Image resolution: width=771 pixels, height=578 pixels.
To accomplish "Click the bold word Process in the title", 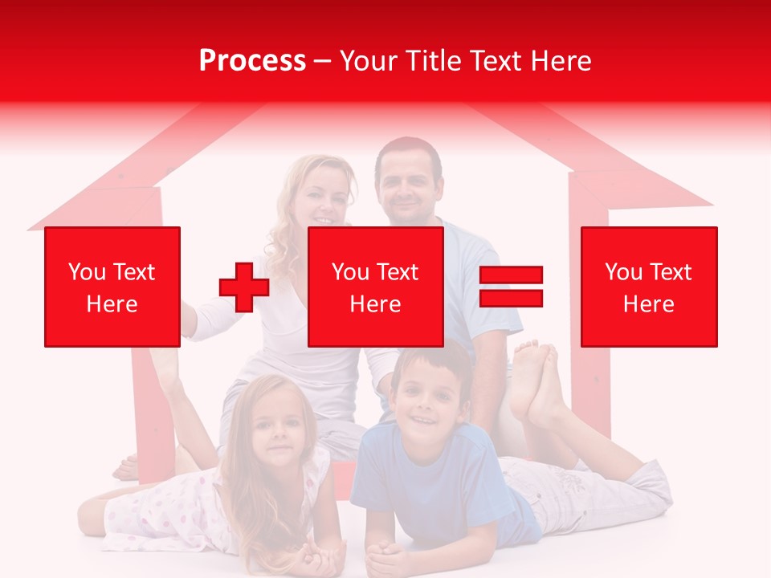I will pyautogui.click(x=252, y=61).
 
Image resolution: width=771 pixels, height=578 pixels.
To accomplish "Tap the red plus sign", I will pyautogui.click(x=244, y=287).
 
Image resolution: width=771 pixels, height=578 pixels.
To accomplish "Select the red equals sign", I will pyautogui.click(x=511, y=287).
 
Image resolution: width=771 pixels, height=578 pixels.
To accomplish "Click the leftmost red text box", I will pyautogui.click(x=112, y=287).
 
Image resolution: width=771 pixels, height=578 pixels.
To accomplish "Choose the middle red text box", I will pyautogui.click(x=376, y=287).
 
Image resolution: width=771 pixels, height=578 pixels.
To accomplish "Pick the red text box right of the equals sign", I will pyautogui.click(x=649, y=287).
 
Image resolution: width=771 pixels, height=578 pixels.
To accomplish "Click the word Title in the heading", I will pyautogui.click(x=434, y=61).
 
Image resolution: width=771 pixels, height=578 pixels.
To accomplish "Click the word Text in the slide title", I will pyautogui.click(x=499, y=61).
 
